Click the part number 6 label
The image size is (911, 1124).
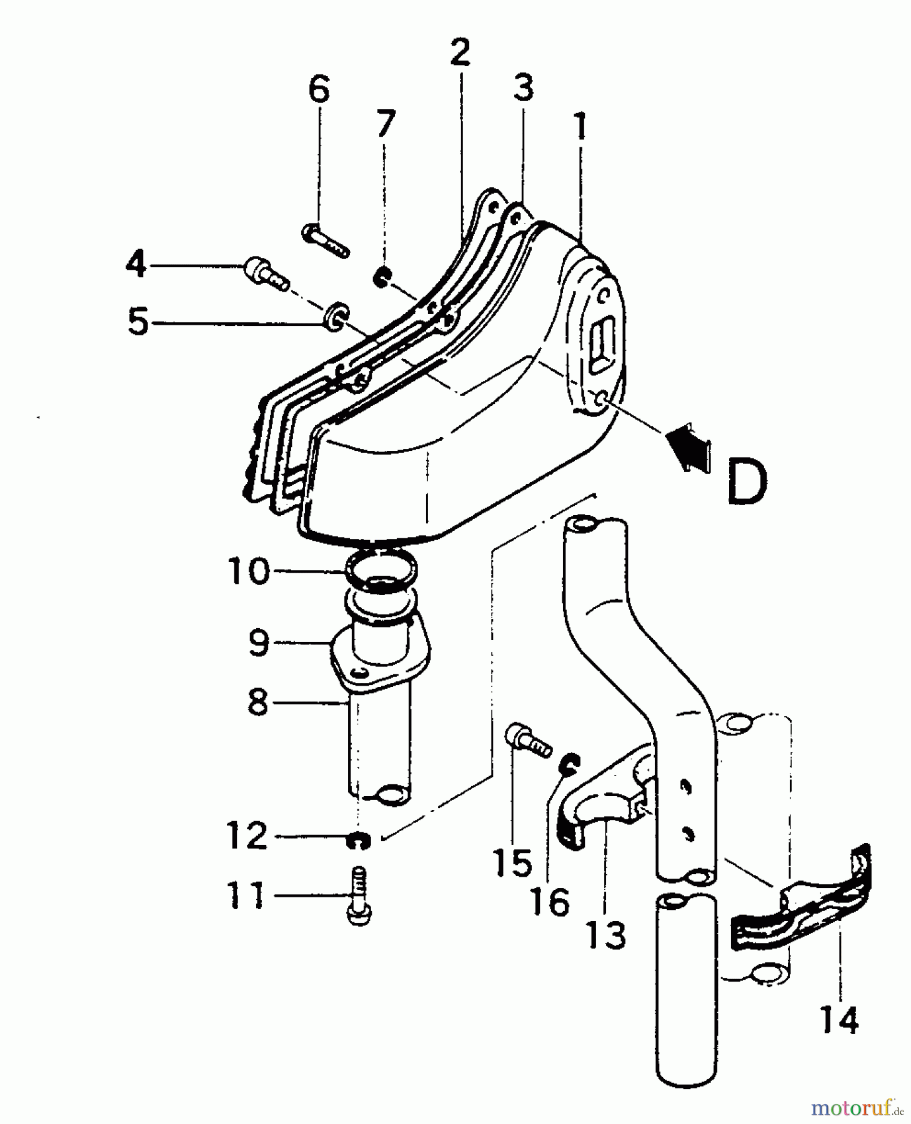[319, 90]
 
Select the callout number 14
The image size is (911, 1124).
[839, 1020]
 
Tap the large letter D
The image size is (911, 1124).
[747, 481]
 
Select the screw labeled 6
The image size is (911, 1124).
[326, 242]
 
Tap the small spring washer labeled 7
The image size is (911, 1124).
[381, 277]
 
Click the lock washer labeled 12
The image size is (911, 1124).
[358, 841]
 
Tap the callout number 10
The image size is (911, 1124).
[248, 571]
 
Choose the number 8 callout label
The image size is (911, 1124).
[257, 702]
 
